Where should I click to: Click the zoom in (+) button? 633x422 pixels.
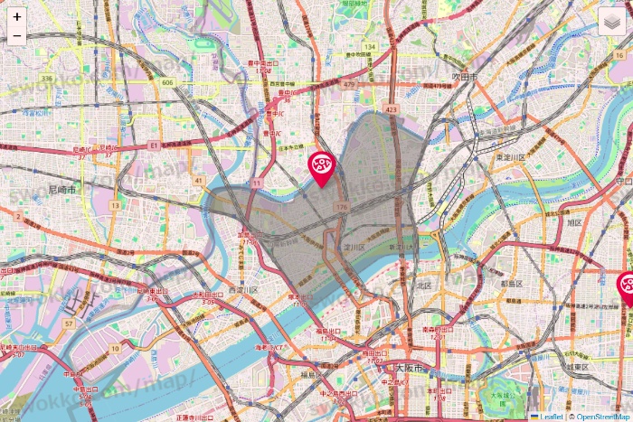(17, 17)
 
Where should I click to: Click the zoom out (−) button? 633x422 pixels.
(17, 36)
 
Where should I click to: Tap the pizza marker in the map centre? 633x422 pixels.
(322, 166)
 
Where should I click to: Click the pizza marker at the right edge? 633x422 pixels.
(627, 288)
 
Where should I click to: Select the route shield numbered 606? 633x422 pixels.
(167, 82)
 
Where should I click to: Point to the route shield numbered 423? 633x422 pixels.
(391, 109)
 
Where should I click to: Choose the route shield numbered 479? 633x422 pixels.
(349, 85)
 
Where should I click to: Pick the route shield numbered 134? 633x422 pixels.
(368, 46)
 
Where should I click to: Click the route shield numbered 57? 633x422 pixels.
(69, 322)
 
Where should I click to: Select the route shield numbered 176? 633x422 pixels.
(341, 208)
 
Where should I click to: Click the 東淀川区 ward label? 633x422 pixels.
(511, 157)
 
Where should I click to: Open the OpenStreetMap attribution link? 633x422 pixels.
(601, 417)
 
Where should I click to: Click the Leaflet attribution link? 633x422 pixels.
(551, 417)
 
